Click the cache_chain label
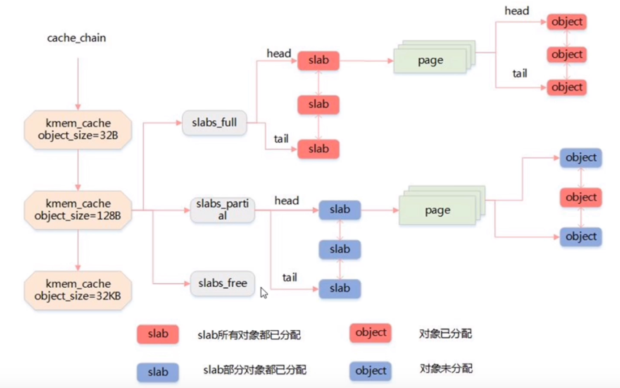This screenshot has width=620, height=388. [77, 38]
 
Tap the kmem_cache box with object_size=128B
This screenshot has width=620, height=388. [78, 210]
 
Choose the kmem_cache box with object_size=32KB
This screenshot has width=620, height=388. [78, 290]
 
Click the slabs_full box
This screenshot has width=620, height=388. [214, 122]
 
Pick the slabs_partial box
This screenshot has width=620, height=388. [222, 210]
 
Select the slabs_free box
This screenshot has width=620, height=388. [222, 283]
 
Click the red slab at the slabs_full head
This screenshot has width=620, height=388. [318, 61]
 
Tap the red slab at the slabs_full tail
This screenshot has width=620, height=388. [318, 149]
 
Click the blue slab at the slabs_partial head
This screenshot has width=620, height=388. [340, 210]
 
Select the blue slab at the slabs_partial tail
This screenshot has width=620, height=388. [340, 289]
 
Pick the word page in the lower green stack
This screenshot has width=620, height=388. [437, 210]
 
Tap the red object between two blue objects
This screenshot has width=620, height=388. [581, 197]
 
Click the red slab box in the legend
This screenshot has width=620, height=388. [158, 334]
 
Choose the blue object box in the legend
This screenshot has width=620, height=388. [370, 371]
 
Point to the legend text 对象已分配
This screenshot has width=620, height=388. [445, 333]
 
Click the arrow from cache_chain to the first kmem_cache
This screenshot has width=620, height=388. [78, 83]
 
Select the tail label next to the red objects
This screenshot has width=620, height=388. [519, 73]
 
